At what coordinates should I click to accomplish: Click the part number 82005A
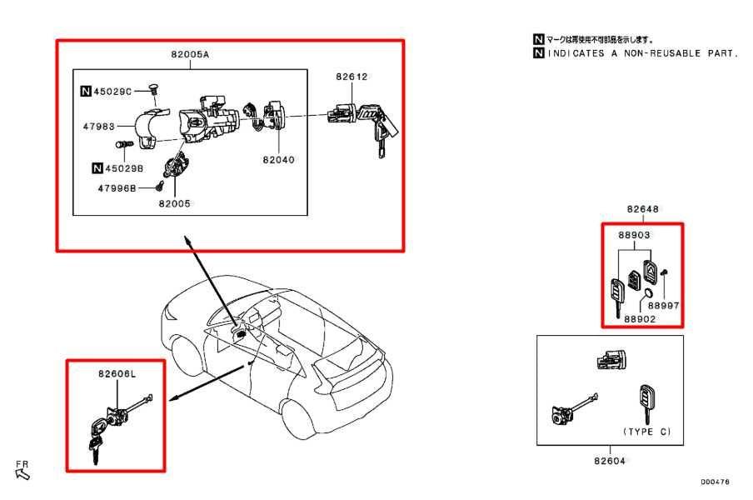tap(189, 54)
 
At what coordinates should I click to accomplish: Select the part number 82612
tap(352, 77)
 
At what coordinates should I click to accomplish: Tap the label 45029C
tap(113, 92)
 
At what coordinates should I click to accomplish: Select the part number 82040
tap(278, 159)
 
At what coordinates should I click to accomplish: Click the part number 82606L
tap(117, 375)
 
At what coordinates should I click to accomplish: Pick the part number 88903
tap(634, 235)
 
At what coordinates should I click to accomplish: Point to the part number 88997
tap(664, 306)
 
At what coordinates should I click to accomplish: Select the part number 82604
tap(610, 459)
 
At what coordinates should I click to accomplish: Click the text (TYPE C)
tap(646, 432)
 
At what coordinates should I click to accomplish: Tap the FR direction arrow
tap(22, 474)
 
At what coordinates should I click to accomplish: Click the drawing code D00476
tap(715, 482)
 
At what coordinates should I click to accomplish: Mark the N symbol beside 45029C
tap(86, 92)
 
